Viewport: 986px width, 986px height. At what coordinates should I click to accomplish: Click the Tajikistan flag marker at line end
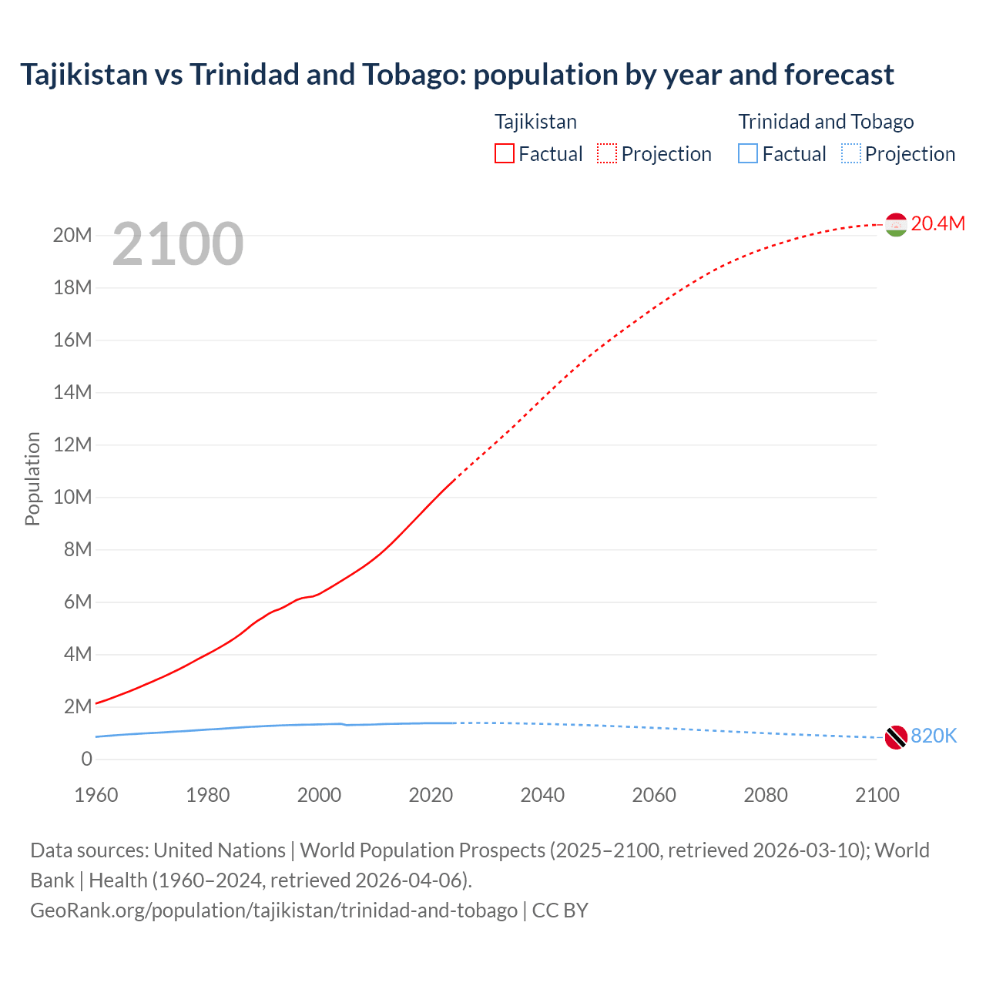click(x=896, y=224)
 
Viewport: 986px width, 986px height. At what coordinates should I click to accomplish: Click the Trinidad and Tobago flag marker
click(x=896, y=737)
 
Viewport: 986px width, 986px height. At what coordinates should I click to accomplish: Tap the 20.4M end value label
click(x=937, y=223)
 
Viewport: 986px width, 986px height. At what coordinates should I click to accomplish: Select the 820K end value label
click(x=934, y=736)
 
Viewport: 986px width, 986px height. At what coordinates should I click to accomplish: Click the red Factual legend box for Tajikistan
click(x=504, y=154)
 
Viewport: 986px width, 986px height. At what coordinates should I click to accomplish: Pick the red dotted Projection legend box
click(x=607, y=154)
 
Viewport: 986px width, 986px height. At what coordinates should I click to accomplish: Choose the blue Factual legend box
click(x=748, y=154)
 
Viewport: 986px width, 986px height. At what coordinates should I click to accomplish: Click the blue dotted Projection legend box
click(x=851, y=154)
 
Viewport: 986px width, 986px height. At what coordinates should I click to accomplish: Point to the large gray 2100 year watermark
click(x=178, y=245)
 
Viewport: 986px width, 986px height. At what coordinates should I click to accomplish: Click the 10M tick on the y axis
click(x=72, y=498)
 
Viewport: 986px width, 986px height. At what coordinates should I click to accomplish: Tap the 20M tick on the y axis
click(x=72, y=236)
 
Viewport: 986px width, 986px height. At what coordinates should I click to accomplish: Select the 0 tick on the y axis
click(x=86, y=760)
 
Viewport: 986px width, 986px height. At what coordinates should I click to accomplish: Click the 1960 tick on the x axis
click(x=96, y=795)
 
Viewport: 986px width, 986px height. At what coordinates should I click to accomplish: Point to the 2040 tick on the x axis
click(x=542, y=795)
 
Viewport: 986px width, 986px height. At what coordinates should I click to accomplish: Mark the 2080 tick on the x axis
click(x=766, y=795)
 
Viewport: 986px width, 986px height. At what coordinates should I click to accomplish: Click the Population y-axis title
click(x=32, y=479)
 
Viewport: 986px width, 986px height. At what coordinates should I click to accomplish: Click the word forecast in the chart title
click(x=839, y=75)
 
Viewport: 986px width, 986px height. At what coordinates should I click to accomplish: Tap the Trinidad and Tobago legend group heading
click(x=826, y=122)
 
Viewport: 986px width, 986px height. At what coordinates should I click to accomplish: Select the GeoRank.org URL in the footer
click(x=273, y=911)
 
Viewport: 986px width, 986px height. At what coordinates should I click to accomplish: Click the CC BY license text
click(x=560, y=911)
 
